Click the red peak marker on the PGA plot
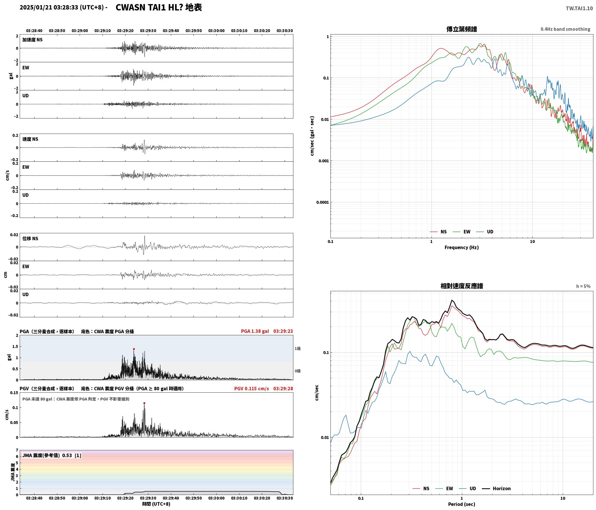(x=134, y=349)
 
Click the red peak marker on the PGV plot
(x=144, y=403)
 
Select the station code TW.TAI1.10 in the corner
(x=579, y=8)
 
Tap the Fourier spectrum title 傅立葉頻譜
(x=462, y=29)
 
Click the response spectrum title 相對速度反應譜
(x=462, y=286)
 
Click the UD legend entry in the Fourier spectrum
(x=485, y=232)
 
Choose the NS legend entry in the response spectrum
(x=421, y=489)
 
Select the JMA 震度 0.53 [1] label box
(x=52, y=456)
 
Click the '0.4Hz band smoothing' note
(x=565, y=29)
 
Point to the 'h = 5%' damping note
(x=583, y=286)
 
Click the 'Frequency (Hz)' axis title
(x=462, y=247)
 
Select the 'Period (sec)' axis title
(x=462, y=504)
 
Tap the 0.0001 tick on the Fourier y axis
(x=323, y=202)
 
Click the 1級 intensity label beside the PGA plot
(x=298, y=349)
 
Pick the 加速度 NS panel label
(x=32, y=40)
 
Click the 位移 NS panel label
(x=30, y=238)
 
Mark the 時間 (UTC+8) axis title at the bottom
(x=156, y=504)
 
